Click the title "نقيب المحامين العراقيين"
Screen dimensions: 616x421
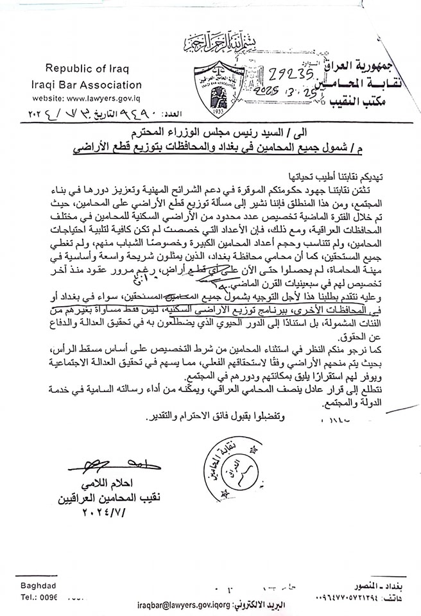point(112,498)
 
